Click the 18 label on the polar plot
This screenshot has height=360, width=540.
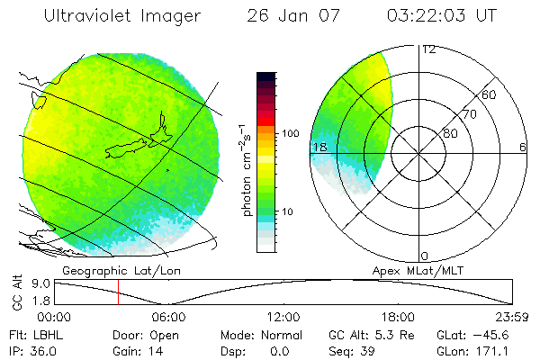click(x=319, y=147)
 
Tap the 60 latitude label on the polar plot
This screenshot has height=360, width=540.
click(x=490, y=94)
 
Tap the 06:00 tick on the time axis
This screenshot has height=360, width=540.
click(x=168, y=317)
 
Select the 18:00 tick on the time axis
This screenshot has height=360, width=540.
click(x=398, y=317)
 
